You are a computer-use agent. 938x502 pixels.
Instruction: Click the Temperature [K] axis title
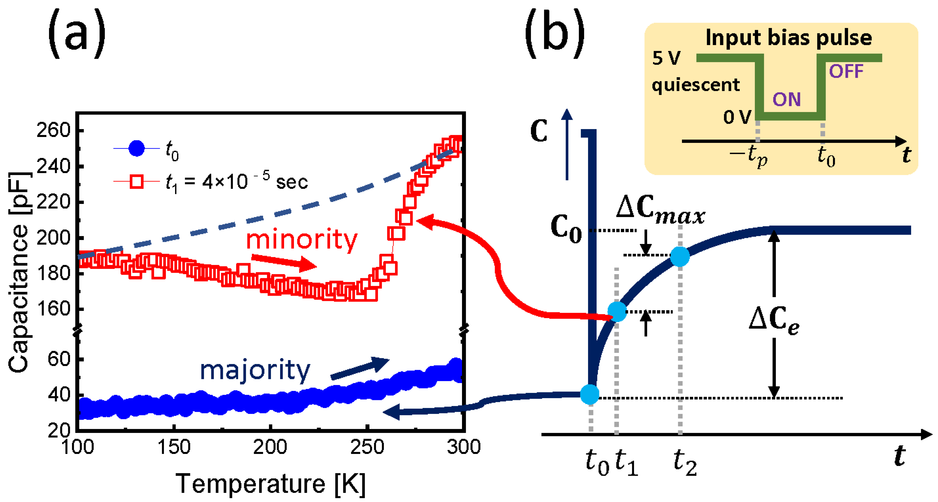(x=271, y=484)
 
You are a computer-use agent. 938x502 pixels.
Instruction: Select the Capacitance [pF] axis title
(x=19, y=272)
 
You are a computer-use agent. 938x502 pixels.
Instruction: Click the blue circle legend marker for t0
(x=137, y=148)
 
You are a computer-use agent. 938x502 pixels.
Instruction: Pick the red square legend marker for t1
(x=137, y=181)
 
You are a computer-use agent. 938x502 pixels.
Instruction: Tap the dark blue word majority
(x=255, y=370)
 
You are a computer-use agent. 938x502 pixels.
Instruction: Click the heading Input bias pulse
(x=788, y=37)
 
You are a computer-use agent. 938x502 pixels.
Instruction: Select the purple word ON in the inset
(x=786, y=99)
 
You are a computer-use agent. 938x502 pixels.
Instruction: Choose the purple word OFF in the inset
(x=846, y=71)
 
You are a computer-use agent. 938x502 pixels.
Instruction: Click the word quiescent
(x=695, y=85)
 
